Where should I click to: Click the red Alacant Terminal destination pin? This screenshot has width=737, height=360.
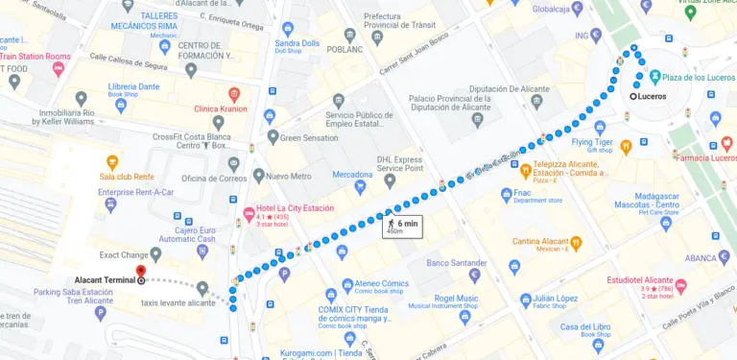141,273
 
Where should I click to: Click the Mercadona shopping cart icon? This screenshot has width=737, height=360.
363,186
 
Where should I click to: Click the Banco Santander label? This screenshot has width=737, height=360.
457,262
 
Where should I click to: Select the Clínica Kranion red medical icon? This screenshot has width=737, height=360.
234,94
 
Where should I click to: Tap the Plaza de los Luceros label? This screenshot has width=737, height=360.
694,77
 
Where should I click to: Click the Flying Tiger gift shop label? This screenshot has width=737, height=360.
591,143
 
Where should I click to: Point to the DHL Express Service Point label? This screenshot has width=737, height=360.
413,163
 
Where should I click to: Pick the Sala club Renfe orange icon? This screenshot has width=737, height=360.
112,161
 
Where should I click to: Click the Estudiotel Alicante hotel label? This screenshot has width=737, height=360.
639,281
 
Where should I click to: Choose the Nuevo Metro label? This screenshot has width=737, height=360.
288,177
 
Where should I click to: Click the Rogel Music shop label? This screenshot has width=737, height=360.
456,299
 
